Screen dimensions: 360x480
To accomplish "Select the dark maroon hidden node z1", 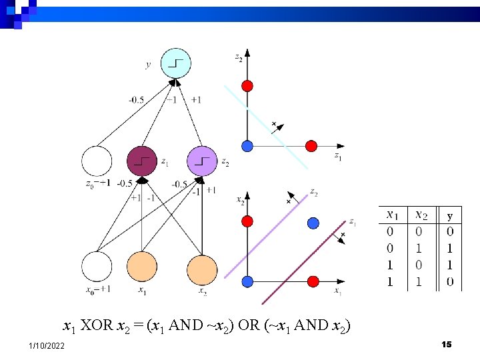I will (142, 161).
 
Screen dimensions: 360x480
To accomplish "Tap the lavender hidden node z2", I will (203, 161).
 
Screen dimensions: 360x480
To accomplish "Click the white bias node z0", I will (97, 161).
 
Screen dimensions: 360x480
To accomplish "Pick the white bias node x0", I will (97, 267).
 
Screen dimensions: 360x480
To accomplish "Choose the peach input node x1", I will (142, 267).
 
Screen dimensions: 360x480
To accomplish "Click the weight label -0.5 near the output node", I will (136, 100).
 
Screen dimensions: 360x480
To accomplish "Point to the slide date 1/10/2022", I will (47, 345).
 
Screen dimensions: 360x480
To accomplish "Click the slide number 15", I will (447, 344).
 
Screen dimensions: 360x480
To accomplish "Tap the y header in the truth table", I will (451, 216).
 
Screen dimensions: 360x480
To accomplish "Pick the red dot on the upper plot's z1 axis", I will (311, 146).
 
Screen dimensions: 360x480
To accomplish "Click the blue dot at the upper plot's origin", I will (247, 146).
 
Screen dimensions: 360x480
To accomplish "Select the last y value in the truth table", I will (451, 282).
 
